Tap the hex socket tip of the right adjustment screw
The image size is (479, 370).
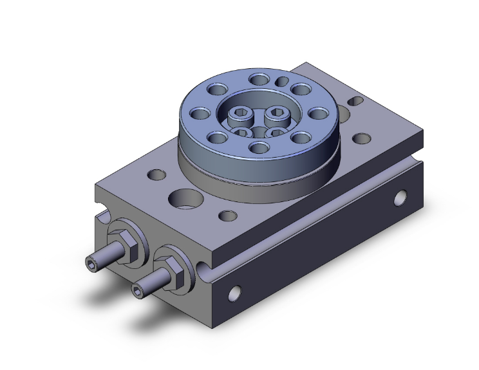click(x=137, y=292)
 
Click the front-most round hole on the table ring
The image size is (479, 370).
click(x=259, y=148)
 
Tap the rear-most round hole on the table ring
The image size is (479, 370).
click(x=260, y=80)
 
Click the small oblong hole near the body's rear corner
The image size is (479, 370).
click(x=354, y=100)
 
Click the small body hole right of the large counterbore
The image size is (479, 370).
click(x=226, y=216)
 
